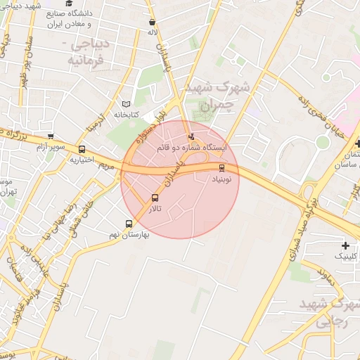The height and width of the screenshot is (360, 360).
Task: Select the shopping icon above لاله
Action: (x=153, y=21)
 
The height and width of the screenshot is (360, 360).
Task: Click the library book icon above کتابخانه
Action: (x=127, y=103)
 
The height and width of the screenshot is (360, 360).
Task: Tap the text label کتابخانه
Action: (x=127, y=114)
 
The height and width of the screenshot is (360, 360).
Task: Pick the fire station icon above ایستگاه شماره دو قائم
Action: (x=191, y=136)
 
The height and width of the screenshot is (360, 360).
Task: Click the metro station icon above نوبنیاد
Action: (x=222, y=167)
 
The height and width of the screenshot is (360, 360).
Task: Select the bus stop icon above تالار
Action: (x=155, y=198)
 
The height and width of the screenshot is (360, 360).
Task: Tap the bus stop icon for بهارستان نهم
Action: (x=128, y=224)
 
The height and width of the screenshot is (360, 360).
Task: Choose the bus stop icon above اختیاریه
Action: (x=82, y=149)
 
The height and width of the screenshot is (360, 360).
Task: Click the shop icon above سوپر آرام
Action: (x=50, y=136)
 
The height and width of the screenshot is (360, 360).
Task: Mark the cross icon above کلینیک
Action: (x=345, y=245)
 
